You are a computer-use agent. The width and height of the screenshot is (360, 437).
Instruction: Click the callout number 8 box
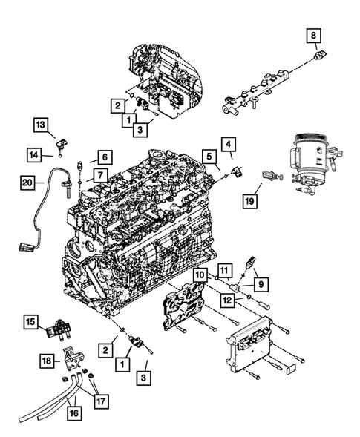314,34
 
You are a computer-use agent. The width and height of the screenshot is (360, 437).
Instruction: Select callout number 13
40,124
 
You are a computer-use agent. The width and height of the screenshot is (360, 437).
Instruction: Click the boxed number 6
104,157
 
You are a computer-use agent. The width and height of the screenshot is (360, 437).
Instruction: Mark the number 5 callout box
211,157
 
